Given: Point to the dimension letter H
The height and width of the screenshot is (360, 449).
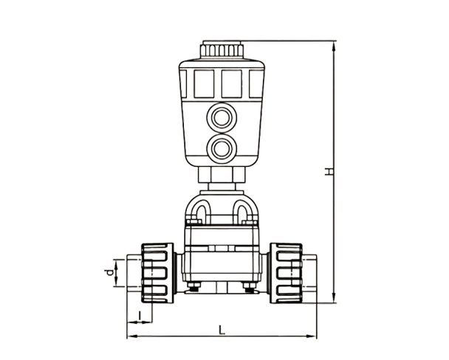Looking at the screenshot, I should pyautogui.click(x=329, y=171).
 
